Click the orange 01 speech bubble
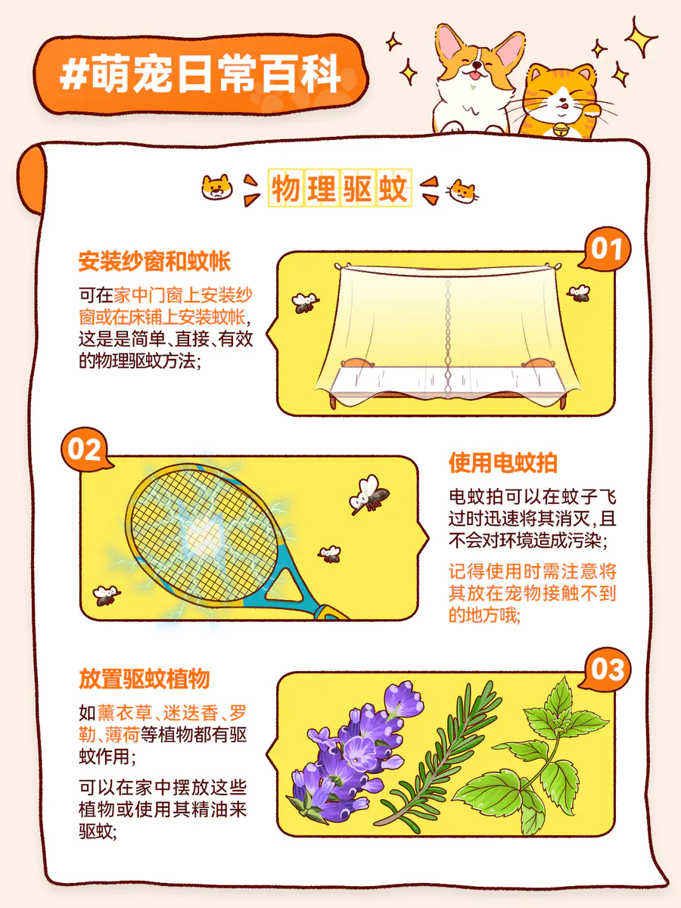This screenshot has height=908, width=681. click(605, 249)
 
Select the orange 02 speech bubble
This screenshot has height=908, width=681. click(86, 449)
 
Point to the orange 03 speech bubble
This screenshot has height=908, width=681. click(605, 670)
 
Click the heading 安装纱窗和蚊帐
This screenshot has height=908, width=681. click(154, 261)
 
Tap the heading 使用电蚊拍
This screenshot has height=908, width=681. click(503, 462)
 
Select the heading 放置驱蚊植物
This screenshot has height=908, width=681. click(145, 679)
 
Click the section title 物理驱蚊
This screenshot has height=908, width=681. click(340, 188)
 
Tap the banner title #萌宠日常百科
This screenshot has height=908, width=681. click(200, 74)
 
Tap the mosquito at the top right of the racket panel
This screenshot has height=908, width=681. click(368, 494)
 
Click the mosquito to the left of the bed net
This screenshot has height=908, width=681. click(305, 302)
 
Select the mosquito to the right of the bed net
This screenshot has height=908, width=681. click(579, 294)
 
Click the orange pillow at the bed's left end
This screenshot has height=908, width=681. click(357, 362)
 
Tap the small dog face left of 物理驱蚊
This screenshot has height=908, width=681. click(216, 188)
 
